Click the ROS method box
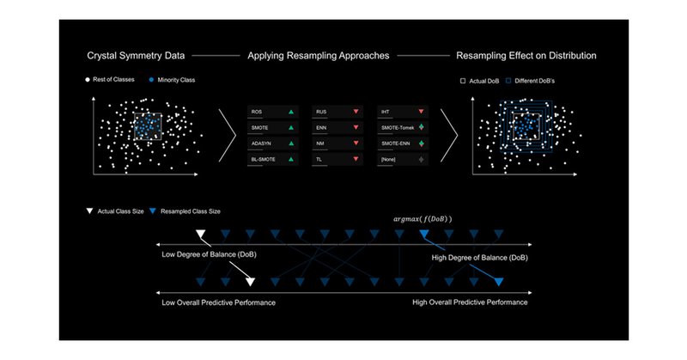[272, 113]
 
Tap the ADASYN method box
[272, 143]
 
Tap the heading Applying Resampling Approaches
[319, 56]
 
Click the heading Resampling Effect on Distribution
[526, 56]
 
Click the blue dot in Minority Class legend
[153, 81]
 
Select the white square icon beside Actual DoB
[463, 81]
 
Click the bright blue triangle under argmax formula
[423, 234]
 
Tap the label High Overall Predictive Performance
[470, 303]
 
